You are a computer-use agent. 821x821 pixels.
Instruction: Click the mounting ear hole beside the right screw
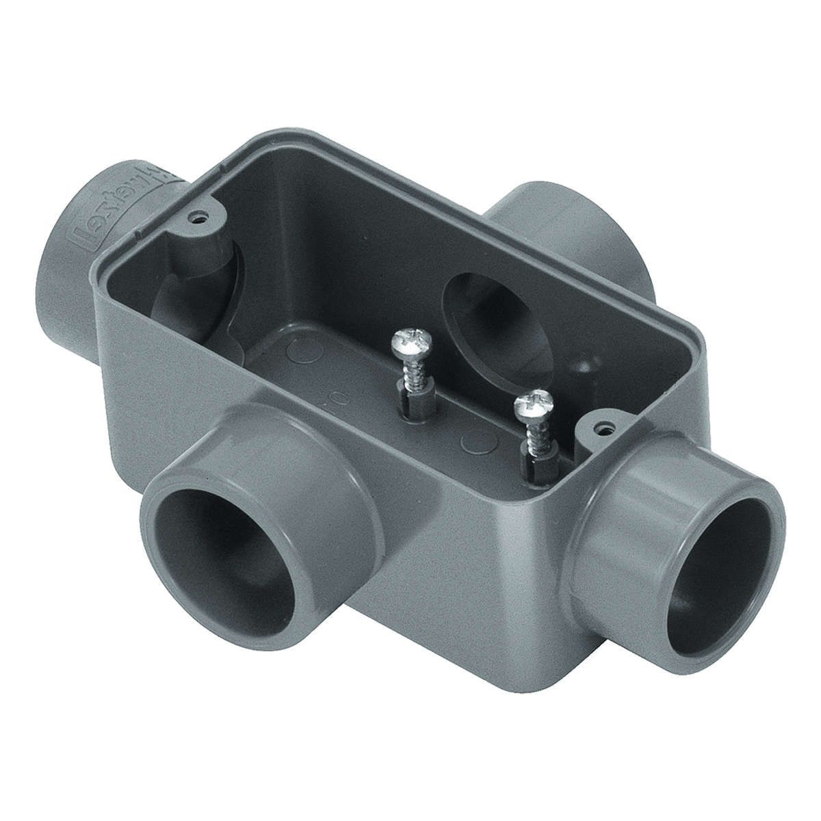coord(602,429)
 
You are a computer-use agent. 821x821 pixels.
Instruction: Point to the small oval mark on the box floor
coord(336,397)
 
